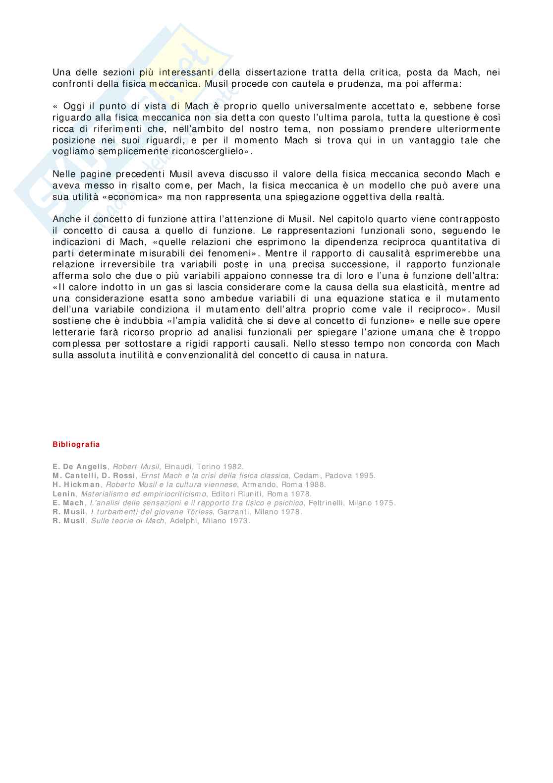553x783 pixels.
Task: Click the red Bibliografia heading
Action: tap(76, 444)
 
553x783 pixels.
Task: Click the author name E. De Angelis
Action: tap(80, 467)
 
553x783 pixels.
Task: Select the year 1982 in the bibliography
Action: tap(233, 467)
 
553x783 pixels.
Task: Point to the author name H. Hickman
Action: tap(77, 484)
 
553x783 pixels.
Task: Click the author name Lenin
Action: tap(64, 494)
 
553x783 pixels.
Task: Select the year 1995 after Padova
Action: tap(365, 476)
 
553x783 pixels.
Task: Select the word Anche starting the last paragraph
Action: tap(64, 219)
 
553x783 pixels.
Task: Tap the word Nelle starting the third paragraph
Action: tap(64, 174)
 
